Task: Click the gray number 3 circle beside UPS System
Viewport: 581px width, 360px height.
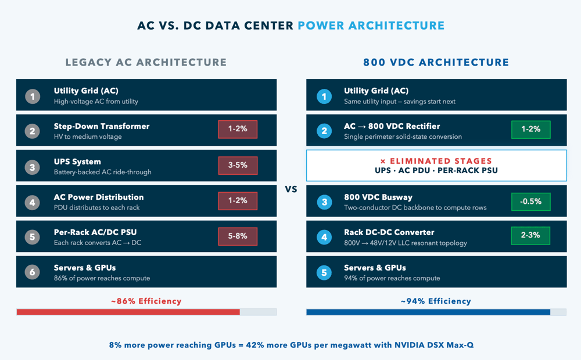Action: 33,167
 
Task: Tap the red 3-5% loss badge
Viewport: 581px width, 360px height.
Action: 238,165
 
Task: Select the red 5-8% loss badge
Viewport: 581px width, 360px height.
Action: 238,236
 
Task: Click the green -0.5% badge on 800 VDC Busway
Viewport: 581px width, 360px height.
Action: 530,201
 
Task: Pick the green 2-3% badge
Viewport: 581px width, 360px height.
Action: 530,236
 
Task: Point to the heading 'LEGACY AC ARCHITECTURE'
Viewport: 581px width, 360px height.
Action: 146,62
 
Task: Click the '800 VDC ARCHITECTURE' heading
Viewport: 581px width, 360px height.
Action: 436,62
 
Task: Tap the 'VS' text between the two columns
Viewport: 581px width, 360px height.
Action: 291,189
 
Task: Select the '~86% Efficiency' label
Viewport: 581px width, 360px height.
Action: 146,301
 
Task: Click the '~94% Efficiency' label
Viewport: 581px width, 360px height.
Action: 436,301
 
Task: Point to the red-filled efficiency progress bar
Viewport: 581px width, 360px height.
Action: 128,312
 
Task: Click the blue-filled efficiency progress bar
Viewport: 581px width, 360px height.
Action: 428,312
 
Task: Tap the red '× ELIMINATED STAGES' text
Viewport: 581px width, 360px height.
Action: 436,161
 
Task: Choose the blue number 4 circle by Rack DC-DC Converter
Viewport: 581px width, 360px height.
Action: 324,237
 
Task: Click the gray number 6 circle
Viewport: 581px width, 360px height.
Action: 33,272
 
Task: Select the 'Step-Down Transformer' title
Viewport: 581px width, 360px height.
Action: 102,126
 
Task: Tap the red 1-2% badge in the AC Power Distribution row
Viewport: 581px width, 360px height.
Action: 238,201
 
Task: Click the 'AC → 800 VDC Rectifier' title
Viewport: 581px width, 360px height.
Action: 392,126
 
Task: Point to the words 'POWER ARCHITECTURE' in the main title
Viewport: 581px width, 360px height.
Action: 371,26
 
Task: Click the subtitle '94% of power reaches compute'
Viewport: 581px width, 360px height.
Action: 392,278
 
